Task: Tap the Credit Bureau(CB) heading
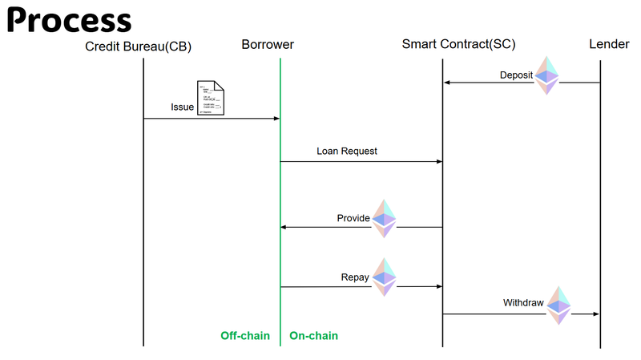(139, 45)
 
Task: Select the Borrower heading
(268, 45)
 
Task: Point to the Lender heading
(608, 45)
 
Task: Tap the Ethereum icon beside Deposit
(547, 75)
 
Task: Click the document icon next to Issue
(211, 99)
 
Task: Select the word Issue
(182, 107)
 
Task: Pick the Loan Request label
(347, 150)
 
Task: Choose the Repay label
(355, 277)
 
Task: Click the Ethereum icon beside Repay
(385, 277)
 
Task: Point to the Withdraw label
(523, 303)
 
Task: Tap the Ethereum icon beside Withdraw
(558, 305)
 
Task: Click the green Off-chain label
(245, 336)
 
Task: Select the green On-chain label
(313, 336)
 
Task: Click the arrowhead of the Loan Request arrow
(439, 161)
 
